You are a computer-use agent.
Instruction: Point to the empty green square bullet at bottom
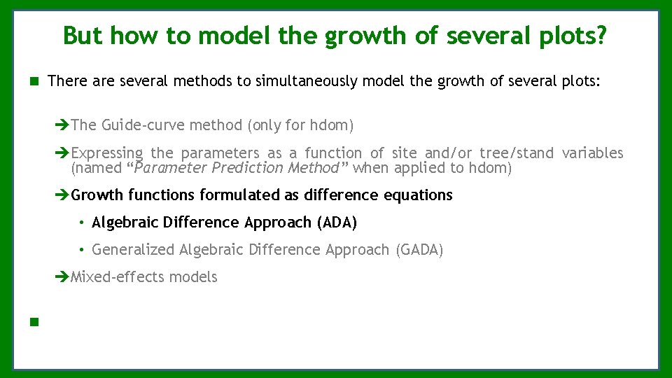(33, 323)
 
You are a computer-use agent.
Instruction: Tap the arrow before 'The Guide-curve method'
(63, 125)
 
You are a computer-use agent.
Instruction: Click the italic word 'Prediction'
(248, 168)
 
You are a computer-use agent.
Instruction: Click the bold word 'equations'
(418, 195)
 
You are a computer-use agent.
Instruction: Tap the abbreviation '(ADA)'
(337, 223)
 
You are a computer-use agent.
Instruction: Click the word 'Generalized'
(134, 250)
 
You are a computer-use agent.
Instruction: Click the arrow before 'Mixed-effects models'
(63, 277)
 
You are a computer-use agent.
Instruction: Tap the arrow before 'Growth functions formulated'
(63, 195)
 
